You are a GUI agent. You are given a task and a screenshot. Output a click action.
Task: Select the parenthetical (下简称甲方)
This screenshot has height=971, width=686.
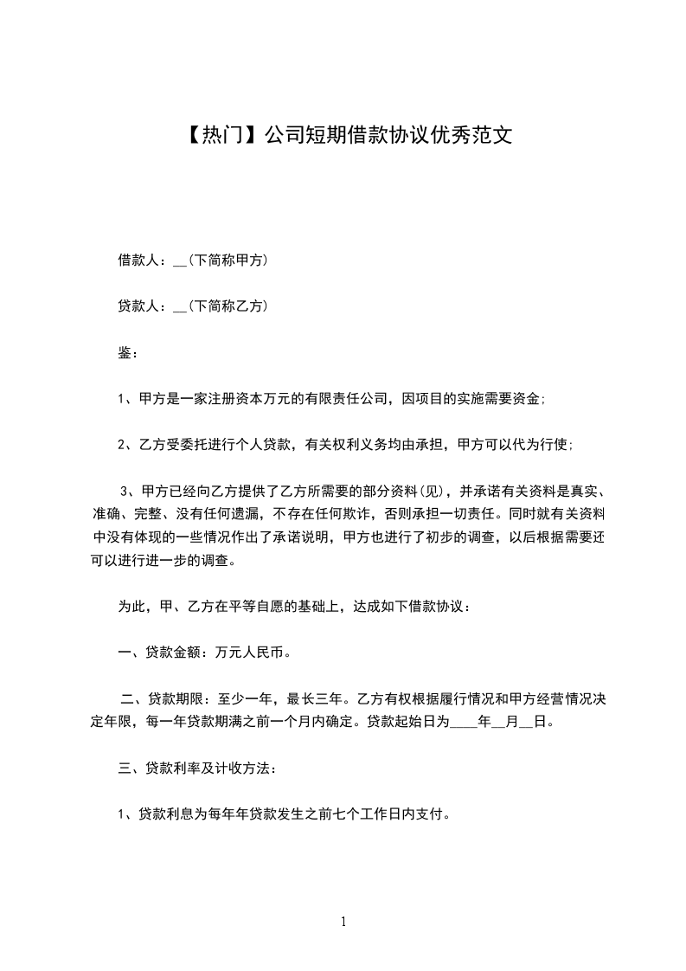coord(228,259)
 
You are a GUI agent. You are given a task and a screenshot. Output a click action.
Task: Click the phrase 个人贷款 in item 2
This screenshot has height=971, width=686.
coord(262,445)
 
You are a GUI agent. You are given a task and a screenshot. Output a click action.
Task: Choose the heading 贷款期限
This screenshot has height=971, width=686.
coord(176,698)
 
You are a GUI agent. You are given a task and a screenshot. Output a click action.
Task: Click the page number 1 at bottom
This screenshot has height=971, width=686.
coord(343,921)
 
